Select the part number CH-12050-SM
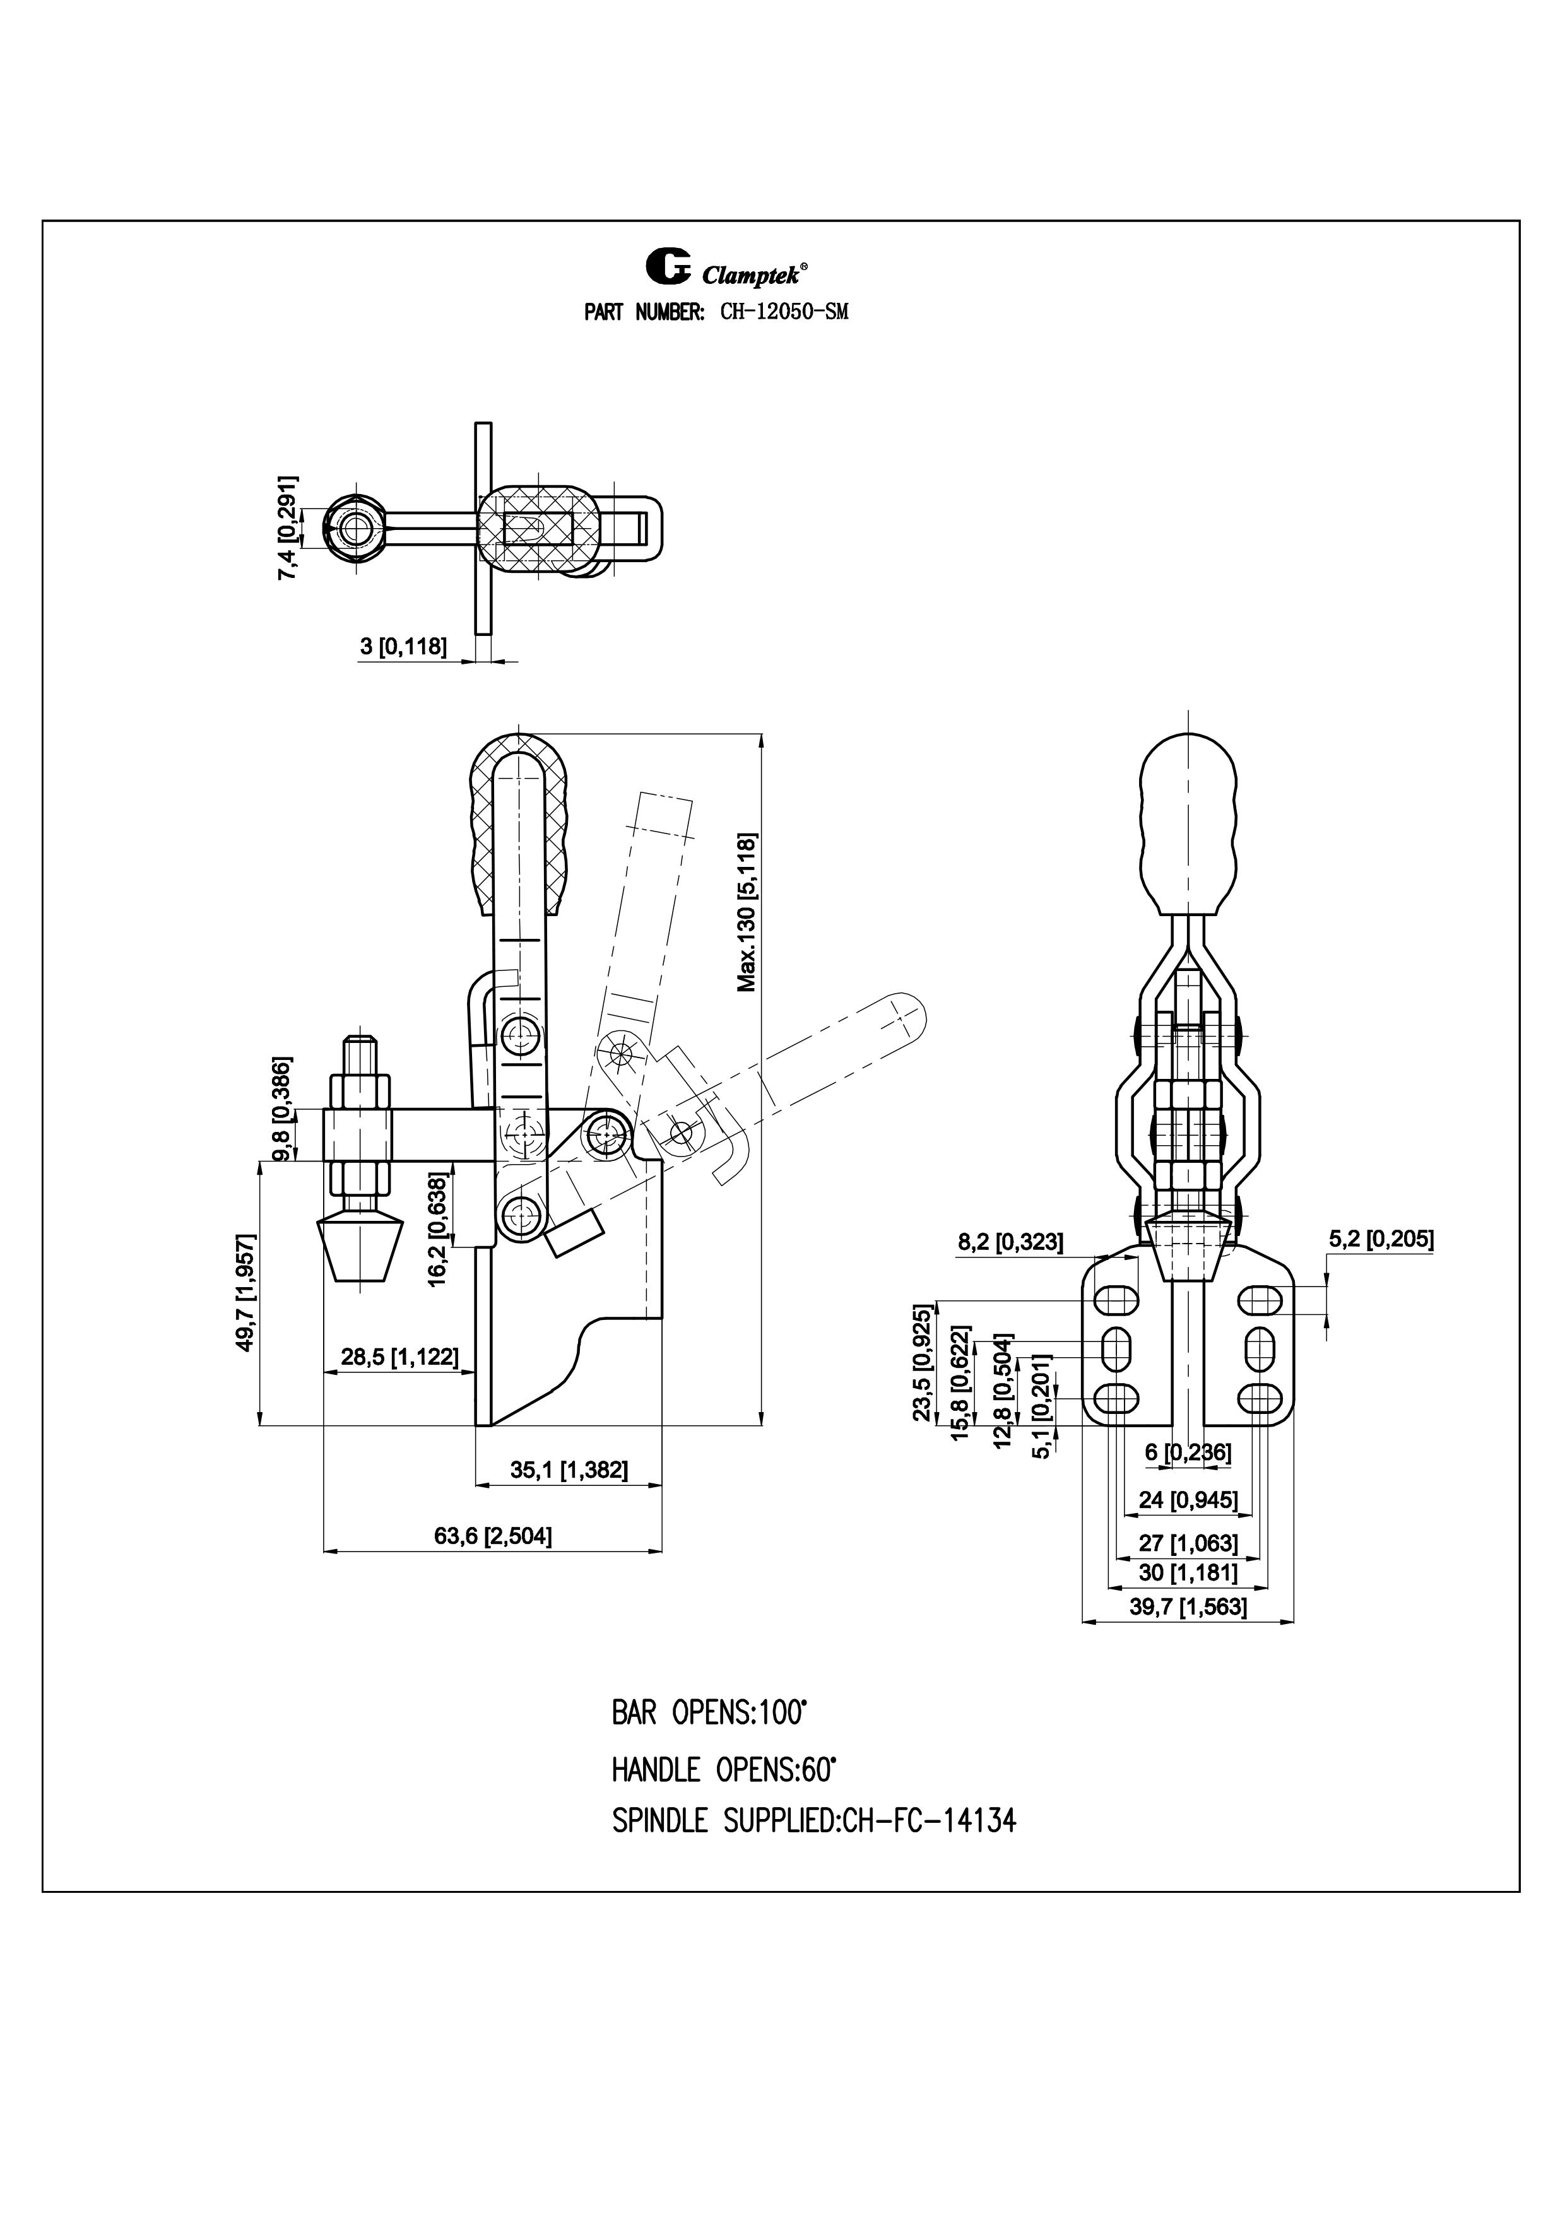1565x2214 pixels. pyautogui.click(x=784, y=312)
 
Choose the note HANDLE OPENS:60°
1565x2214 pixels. pyautogui.click(x=723, y=1769)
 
